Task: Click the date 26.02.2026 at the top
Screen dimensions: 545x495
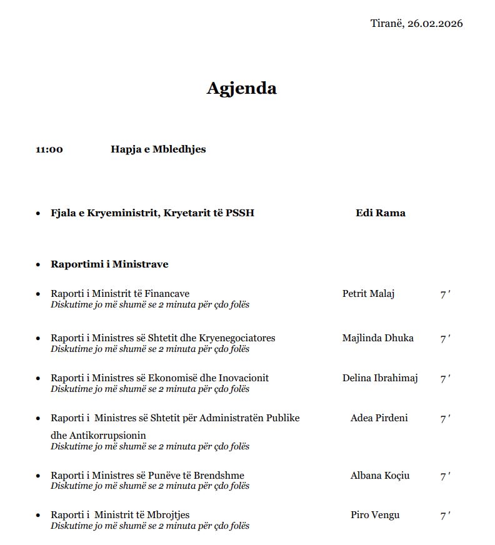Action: point(435,24)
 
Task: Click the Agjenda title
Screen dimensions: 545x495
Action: point(241,88)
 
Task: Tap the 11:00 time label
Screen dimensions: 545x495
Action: point(49,149)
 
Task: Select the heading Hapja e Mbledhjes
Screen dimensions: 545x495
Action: point(158,149)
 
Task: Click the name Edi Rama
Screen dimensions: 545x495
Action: point(380,213)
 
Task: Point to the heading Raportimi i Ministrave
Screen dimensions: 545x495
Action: point(109,264)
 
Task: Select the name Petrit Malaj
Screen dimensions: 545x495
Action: point(368,294)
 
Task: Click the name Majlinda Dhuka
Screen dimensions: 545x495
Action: point(377,338)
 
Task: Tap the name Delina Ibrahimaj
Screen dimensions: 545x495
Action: point(380,378)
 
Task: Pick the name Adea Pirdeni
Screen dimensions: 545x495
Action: point(379,418)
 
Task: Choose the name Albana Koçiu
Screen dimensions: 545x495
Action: point(379,476)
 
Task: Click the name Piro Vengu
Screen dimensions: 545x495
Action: point(375,515)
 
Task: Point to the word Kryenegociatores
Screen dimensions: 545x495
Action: point(237,338)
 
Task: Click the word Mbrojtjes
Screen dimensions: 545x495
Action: point(168,515)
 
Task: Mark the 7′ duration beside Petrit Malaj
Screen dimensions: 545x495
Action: point(445,294)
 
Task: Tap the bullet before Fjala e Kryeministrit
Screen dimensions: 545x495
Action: point(38,214)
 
